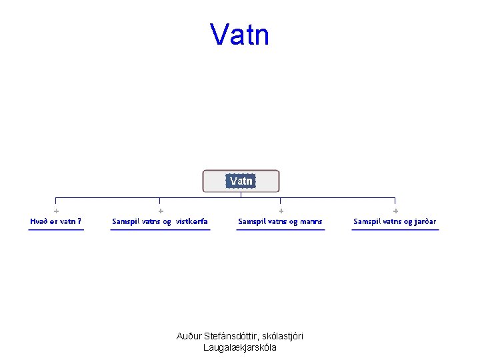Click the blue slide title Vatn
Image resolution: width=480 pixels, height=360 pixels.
point(239,34)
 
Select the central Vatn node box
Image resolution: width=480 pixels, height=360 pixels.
point(241,181)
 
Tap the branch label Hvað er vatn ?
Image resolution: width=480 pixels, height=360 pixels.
point(56,221)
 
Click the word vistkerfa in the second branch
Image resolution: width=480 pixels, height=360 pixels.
point(192,221)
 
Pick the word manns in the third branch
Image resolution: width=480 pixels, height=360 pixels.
point(310,221)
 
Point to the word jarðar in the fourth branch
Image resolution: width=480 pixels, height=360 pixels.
point(424,221)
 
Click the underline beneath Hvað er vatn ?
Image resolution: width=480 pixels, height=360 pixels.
point(56,230)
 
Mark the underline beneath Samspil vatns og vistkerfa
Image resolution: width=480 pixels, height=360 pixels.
point(161,230)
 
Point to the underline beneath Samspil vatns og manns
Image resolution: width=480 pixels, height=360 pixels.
point(281,230)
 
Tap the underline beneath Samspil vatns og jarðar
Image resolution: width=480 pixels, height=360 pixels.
point(395,230)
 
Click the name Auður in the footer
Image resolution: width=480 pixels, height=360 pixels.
point(189,336)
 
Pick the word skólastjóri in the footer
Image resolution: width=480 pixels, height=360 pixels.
point(283,336)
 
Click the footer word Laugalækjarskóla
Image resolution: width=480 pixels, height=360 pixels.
point(240,347)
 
